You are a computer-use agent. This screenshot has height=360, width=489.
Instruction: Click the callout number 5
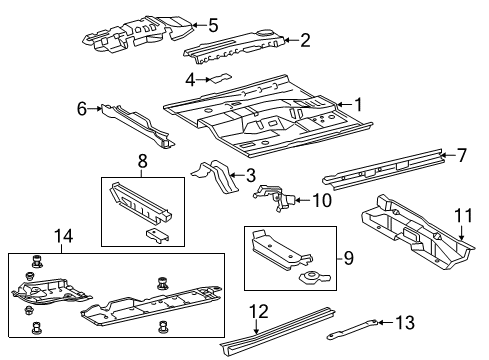213,25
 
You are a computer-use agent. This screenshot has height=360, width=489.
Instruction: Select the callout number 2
305,40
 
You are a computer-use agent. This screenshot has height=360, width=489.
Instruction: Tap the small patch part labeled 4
219,78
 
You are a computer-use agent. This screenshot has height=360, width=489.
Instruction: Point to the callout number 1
358,105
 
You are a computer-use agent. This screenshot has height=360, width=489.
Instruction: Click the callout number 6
82,108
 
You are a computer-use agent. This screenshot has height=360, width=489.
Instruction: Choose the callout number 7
462,155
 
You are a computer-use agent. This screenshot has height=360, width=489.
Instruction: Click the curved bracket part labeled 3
215,176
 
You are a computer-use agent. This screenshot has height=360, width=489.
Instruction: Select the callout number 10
322,200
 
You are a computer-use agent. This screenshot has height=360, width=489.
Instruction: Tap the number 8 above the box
142,162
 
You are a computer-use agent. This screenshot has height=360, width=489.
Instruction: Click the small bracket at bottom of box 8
157,235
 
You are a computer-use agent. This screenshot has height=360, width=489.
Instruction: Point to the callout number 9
348,258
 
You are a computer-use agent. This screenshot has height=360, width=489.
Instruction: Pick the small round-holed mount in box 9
315,277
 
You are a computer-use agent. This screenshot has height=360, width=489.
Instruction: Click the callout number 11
464,215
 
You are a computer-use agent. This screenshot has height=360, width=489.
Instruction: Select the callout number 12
259,312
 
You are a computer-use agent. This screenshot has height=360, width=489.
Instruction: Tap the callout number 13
405,323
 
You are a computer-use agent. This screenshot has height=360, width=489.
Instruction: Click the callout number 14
63,236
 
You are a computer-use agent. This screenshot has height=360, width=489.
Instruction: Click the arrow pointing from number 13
386,322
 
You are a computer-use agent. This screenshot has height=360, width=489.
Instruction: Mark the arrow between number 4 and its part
203,80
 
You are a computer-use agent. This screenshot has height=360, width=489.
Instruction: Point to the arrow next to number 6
94,108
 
